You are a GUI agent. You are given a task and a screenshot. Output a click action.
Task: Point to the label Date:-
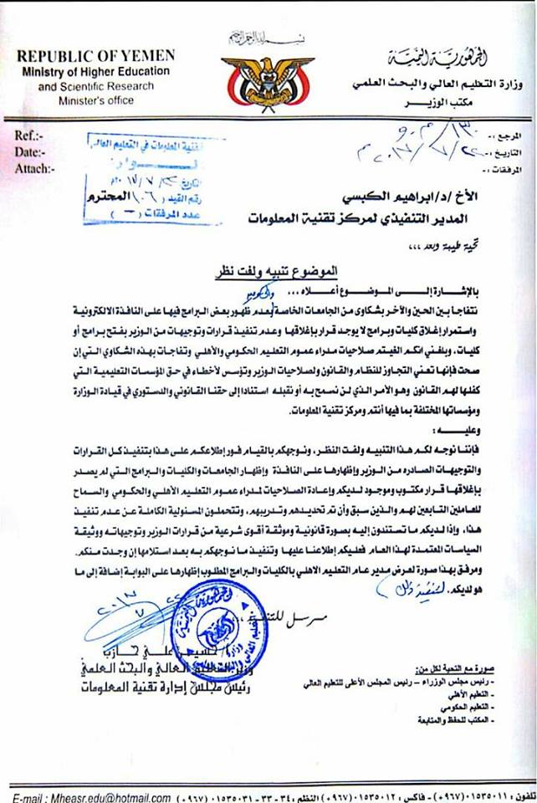33,151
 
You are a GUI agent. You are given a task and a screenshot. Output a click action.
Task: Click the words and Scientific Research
93,85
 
